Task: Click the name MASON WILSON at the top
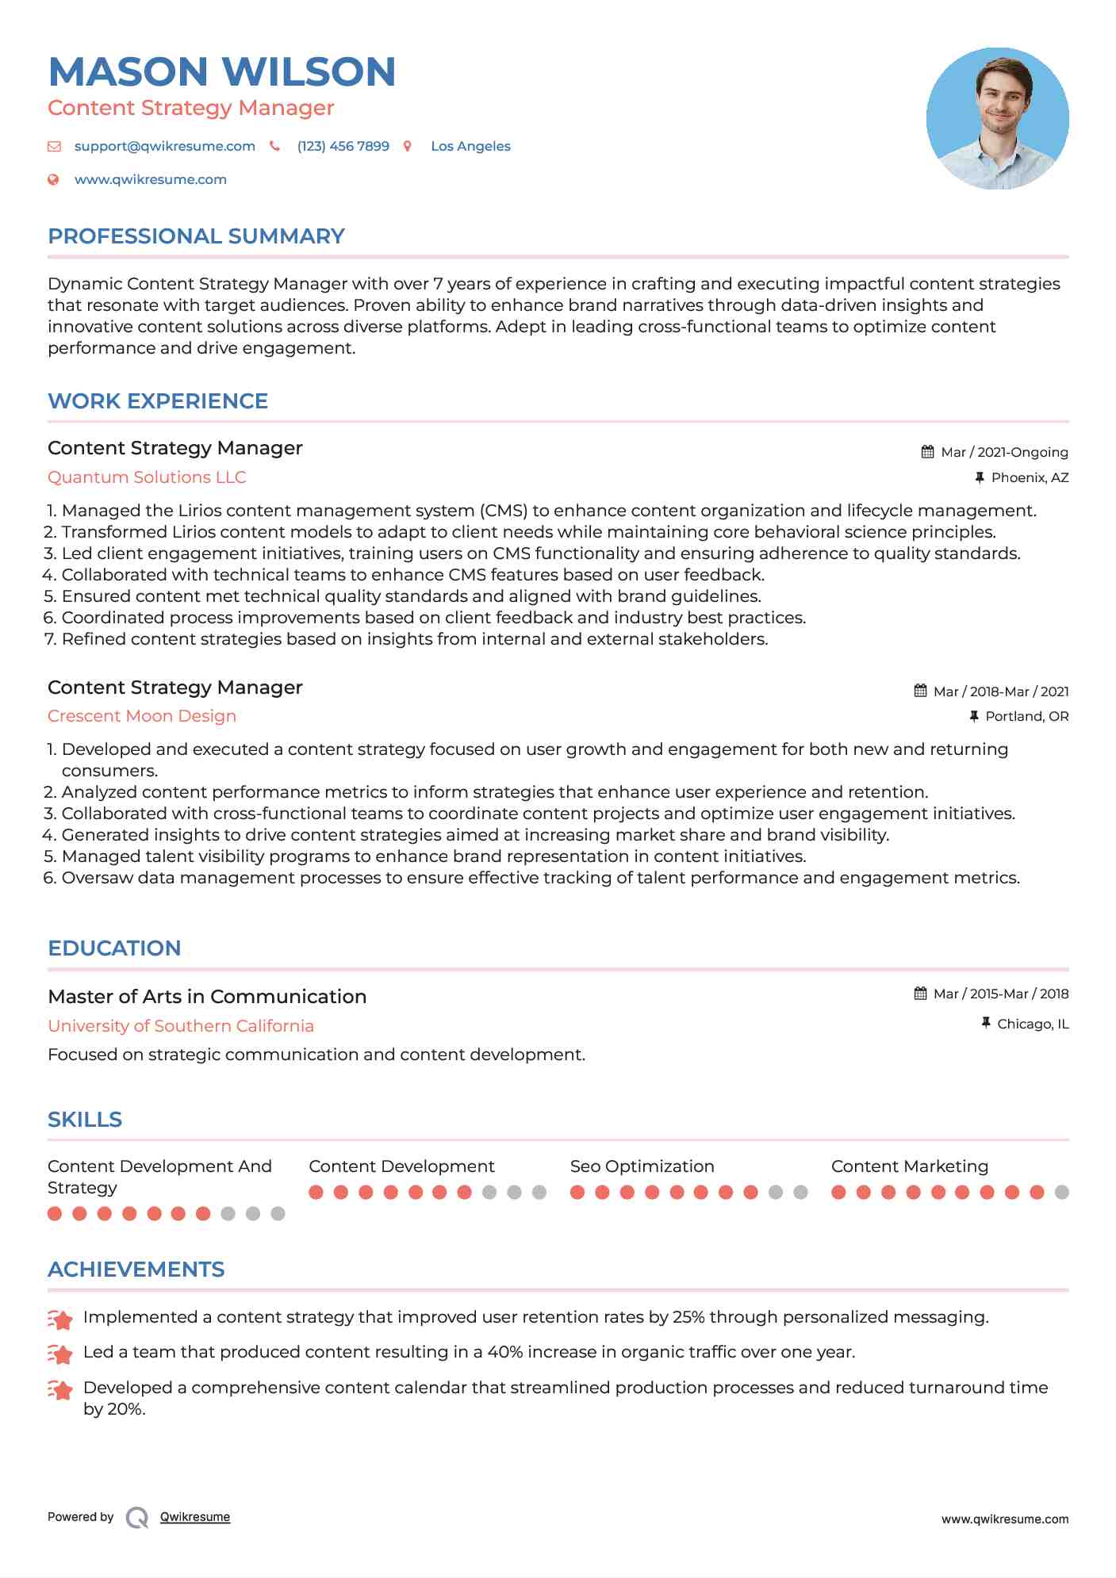tap(222, 71)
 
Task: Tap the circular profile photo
tap(997, 118)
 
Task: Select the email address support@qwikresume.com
tap(164, 146)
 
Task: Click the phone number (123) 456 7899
tap(343, 146)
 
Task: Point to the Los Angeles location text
tap(470, 146)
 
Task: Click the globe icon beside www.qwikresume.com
tap(53, 179)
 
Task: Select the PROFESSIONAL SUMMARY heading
tap(196, 236)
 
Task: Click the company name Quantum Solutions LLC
tap(147, 477)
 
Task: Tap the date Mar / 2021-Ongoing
tap(1004, 452)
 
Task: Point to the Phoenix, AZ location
tap(1030, 477)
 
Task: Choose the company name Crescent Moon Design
tap(142, 716)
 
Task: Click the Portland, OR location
tap(1026, 716)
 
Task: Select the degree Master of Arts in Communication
tap(207, 997)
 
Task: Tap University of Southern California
tap(181, 1026)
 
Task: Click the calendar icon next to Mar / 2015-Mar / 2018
tap(920, 994)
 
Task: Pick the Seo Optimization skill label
tap(642, 1166)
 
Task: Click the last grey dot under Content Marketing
tap(1062, 1192)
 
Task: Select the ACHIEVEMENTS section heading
tap(136, 1270)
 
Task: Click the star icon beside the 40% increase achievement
tap(60, 1354)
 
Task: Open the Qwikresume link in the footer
tap(195, 1517)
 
